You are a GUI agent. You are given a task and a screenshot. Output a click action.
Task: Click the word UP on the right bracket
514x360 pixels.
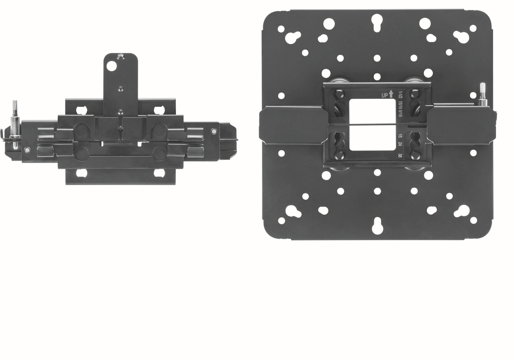[385, 95]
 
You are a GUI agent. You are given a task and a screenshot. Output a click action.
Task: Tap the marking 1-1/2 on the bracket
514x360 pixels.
[400, 95]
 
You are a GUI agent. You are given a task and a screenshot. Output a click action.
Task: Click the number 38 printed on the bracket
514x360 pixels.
[400, 155]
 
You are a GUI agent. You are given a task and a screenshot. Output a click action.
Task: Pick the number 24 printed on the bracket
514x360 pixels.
[400, 145]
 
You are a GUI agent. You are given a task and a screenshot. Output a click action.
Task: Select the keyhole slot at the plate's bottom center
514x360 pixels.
[377, 226]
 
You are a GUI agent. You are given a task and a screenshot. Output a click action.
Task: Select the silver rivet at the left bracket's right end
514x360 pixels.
[214, 130]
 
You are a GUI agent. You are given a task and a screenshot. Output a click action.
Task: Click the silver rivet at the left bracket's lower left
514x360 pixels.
[27, 150]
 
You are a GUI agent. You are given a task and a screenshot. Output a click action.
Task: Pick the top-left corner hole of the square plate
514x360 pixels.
[281, 29]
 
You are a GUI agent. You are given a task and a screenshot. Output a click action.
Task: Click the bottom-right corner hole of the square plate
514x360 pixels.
[473, 220]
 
